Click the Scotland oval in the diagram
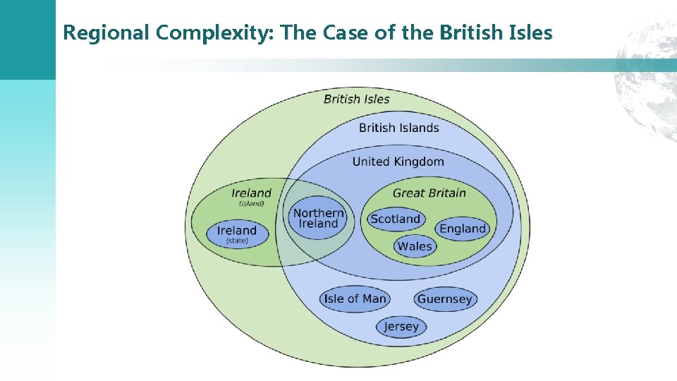395,219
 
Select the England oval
463,229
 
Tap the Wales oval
415,246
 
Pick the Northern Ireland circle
318,218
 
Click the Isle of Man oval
355,298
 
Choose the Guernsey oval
444,299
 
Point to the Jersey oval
401,327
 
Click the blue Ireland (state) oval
237,234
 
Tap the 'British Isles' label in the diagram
356,99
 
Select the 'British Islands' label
398,128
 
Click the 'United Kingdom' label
398,162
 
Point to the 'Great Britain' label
429,193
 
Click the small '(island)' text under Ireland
251,204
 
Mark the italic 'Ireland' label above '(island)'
251,193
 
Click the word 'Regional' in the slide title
106,32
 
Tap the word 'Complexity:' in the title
209,32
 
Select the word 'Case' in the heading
355,32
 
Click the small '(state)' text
237,241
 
